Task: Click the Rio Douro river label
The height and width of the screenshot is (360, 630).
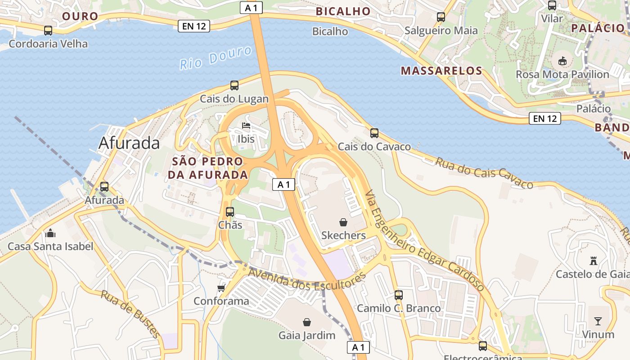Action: pos(216,58)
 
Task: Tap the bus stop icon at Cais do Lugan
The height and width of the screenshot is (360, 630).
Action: pos(234,85)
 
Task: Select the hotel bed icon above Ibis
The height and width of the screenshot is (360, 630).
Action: pos(246,126)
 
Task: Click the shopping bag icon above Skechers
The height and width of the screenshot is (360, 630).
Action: pos(343,222)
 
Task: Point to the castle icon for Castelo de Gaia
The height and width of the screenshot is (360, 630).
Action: pos(593,261)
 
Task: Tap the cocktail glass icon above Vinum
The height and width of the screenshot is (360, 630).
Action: pos(598,321)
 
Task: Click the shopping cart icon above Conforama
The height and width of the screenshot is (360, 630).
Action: pos(221,288)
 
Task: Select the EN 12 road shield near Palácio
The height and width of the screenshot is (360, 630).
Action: pos(545,118)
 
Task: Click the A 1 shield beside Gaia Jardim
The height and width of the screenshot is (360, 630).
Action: pos(358,347)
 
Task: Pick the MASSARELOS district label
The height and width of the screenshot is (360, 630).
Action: pos(441,71)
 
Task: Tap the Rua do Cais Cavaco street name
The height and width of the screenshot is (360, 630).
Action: pos(484,172)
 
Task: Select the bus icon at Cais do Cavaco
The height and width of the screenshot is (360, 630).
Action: pos(374,133)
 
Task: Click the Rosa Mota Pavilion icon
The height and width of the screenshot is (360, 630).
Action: pos(562,61)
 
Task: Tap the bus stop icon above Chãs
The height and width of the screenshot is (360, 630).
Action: pos(229,211)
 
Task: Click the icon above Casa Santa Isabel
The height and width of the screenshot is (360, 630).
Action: pos(50,233)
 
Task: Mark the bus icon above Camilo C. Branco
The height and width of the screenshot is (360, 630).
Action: pos(398,295)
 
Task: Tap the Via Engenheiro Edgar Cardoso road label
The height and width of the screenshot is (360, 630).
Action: pos(425,240)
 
